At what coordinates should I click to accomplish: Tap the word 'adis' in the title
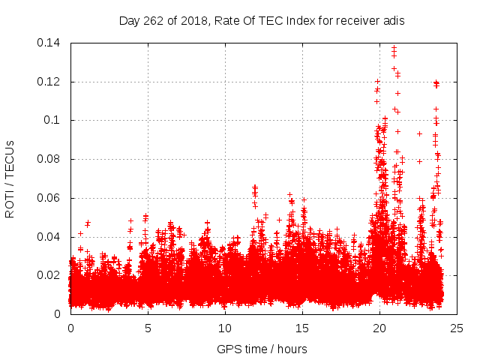tap(393, 21)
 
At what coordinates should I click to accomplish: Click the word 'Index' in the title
tap(305, 21)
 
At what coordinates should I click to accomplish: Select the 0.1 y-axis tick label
tap(55, 120)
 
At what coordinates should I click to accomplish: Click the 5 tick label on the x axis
tap(148, 328)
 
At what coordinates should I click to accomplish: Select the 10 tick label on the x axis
tap(225, 328)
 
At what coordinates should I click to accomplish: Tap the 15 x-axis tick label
tap(302, 328)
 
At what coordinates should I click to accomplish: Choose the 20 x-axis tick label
tap(379, 328)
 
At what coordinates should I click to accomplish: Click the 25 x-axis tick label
tap(457, 328)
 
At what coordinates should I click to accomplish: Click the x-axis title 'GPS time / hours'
tap(262, 349)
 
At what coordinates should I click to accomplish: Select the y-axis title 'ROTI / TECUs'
tap(10, 178)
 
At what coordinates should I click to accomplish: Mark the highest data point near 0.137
tap(394, 48)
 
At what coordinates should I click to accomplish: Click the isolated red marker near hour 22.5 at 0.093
tap(419, 133)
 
